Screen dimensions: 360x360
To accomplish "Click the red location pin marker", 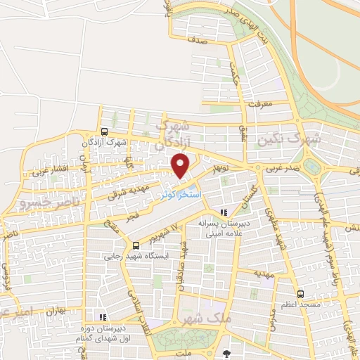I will point(181,166).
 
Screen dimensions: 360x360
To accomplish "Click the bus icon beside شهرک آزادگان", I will point(104,131).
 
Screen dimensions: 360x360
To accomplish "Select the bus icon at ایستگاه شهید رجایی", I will point(136,245).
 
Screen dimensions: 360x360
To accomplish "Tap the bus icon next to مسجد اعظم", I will point(301,294).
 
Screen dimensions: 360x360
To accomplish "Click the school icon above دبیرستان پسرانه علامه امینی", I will point(224,211).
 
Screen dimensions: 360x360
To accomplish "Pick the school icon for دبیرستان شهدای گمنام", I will point(103,317).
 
